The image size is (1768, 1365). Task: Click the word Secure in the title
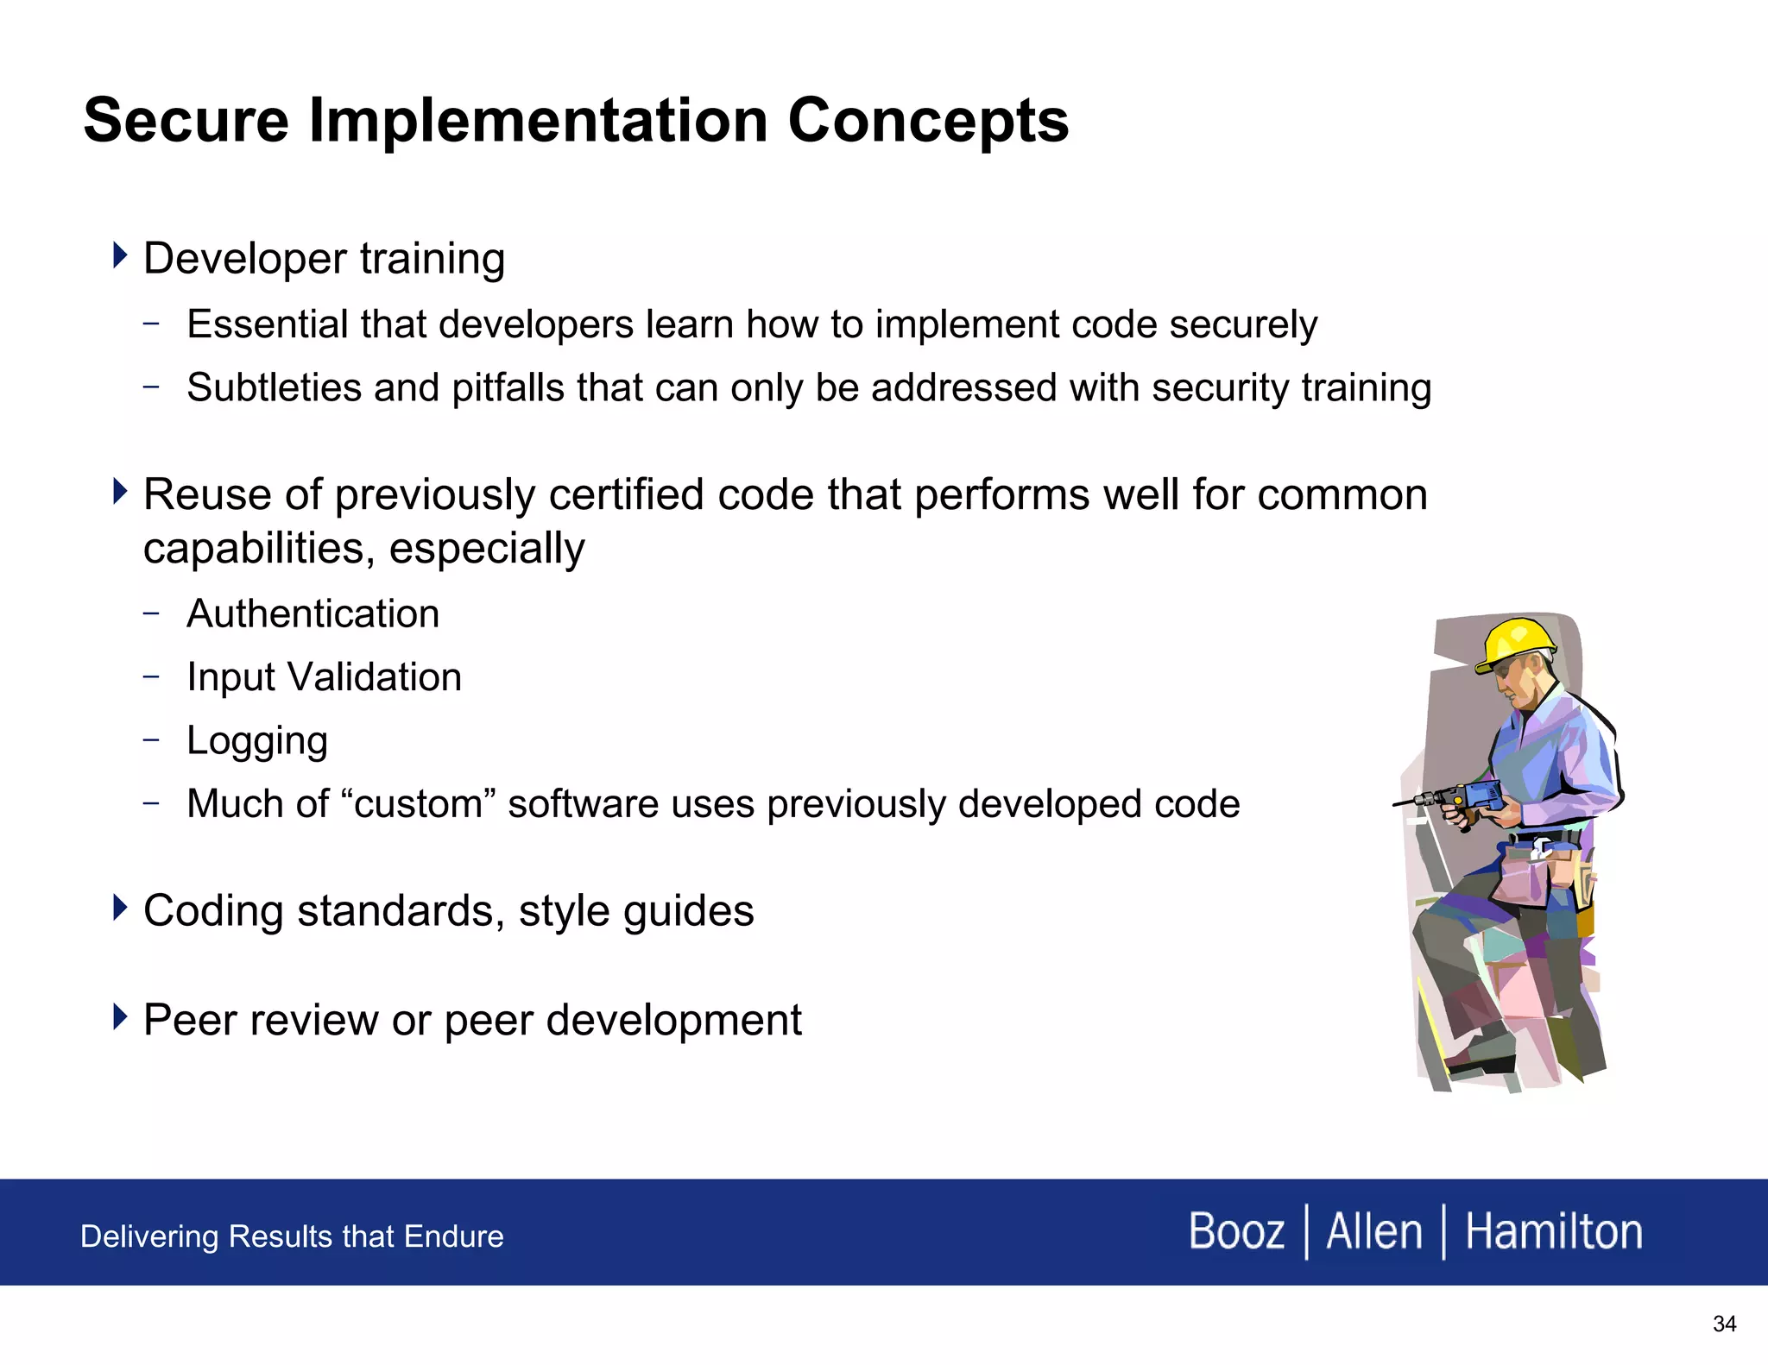coord(186,121)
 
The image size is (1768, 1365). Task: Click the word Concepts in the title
coord(928,121)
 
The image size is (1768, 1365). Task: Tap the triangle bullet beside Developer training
coord(120,255)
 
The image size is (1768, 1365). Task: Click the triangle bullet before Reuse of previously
coord(120,492)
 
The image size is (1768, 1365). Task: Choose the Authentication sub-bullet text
coord(313,614)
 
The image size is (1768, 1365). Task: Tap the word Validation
coord(375,677)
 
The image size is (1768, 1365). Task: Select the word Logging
coord(257,741)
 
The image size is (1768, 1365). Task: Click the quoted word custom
coord(418,804)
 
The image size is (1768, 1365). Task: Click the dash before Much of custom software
coord(152,803)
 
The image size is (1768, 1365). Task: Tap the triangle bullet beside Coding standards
coord(120,908)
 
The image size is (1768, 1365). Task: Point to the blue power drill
coord(1468,796)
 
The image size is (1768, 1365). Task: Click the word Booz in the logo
coord(1236,1231)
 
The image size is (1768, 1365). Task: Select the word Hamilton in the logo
coord(1554,1231)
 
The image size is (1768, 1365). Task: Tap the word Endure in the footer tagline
coord(453,1236)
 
